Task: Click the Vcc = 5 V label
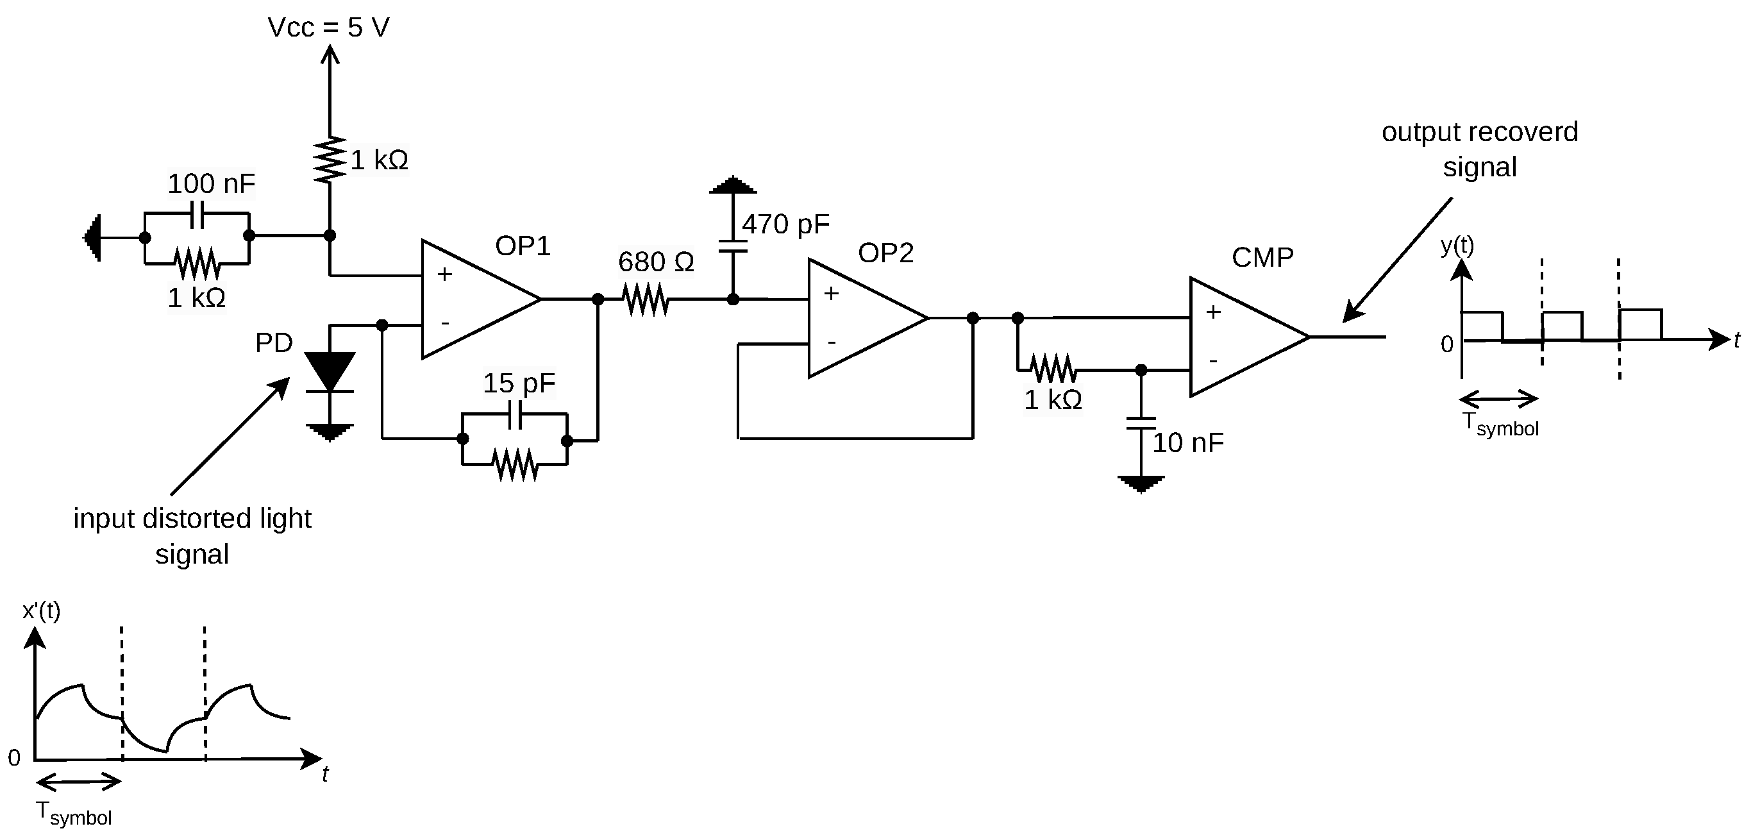[328, 28]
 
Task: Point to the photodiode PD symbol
[330, 373]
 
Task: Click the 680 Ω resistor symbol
[645, 299]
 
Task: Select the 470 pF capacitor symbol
[733, 245]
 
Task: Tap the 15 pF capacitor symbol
[515, 415]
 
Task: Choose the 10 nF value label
[1187, 443]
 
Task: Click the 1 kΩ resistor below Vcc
[330, 160]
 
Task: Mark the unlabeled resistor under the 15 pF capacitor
[515, 465]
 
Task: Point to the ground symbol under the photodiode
[330, 432]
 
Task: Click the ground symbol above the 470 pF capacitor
[733, 185]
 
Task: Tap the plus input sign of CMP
[1213, 312]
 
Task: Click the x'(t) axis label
[42, 611]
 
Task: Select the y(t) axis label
[1457, 246]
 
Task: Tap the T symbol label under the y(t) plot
[1500, 424]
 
